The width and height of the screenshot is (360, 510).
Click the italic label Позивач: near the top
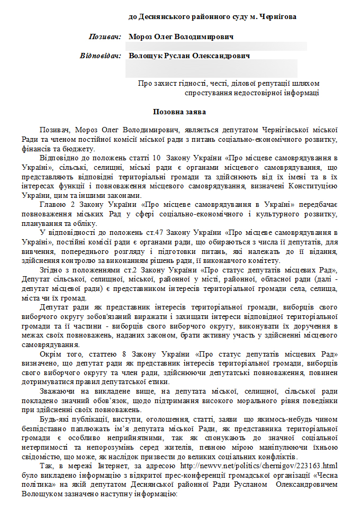click(105, 37)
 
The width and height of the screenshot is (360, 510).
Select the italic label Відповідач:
click(101, 56)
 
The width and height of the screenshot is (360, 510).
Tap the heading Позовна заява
click(179, 112)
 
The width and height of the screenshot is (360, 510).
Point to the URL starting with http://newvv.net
click(292, 466)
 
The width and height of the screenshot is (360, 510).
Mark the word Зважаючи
click(59, 390)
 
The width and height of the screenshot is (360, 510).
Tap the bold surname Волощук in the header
click(147, 56)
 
